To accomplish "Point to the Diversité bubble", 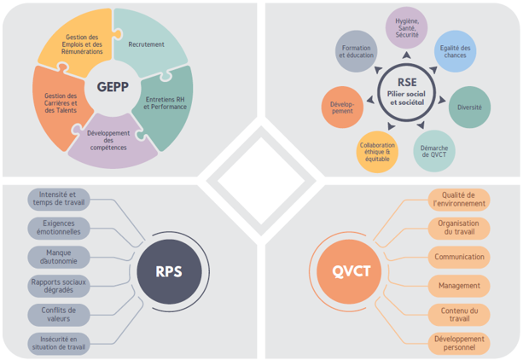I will click(x=468, y=107).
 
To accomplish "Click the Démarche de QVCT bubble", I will click(x=435, y=151).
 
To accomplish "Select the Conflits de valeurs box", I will click(x=57, y=315).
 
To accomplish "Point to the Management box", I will click(x=458, y=286).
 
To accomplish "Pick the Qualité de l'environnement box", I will click(x=458, y=200).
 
